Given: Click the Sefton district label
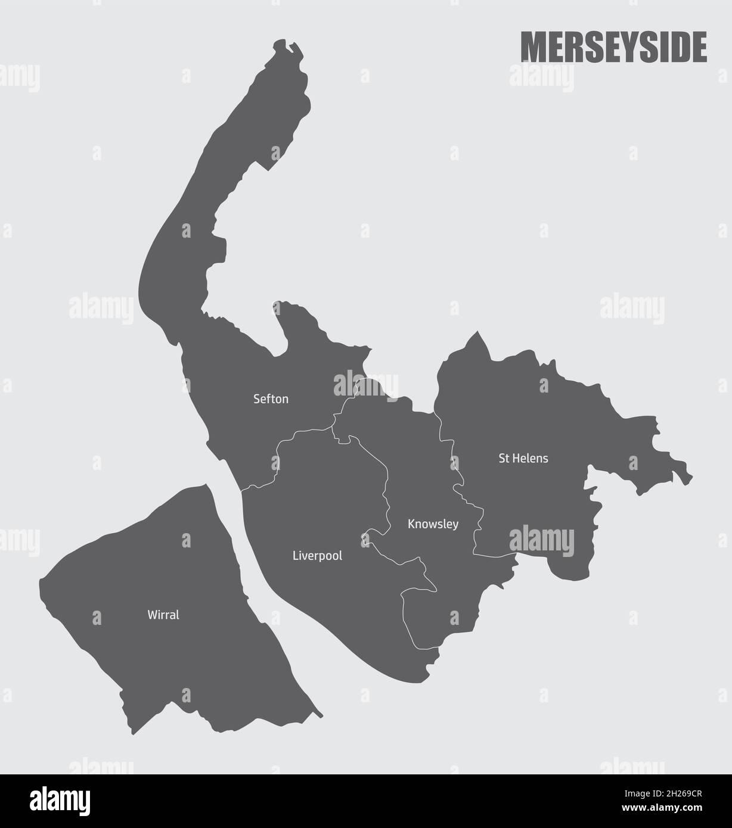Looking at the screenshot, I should point(271,399).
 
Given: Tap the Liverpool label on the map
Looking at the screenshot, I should point(317,556).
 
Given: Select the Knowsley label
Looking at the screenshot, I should point(433,524).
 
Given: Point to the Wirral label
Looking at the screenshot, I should point(163,615).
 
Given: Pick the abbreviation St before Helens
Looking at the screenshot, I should point(504,459).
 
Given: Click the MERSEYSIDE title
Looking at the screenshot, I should point(613,48).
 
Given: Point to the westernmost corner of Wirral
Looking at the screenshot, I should point(40,579).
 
